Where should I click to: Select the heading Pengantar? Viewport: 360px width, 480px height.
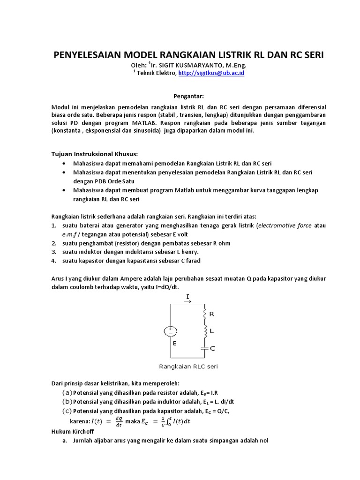(x=188, y=96)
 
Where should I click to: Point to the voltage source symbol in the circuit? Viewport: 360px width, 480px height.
(x=170, y=331)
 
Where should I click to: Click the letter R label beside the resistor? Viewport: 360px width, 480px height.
(x=212, y=314)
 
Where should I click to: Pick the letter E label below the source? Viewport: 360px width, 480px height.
(x=174, y=344)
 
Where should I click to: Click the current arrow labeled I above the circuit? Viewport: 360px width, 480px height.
(x=188, y=299)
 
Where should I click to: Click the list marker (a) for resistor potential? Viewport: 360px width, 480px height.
(x=67, y=392)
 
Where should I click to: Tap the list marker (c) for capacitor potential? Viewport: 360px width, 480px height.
(x=67, y=411)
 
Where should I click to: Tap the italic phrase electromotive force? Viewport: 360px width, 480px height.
(x=285, y=225)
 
